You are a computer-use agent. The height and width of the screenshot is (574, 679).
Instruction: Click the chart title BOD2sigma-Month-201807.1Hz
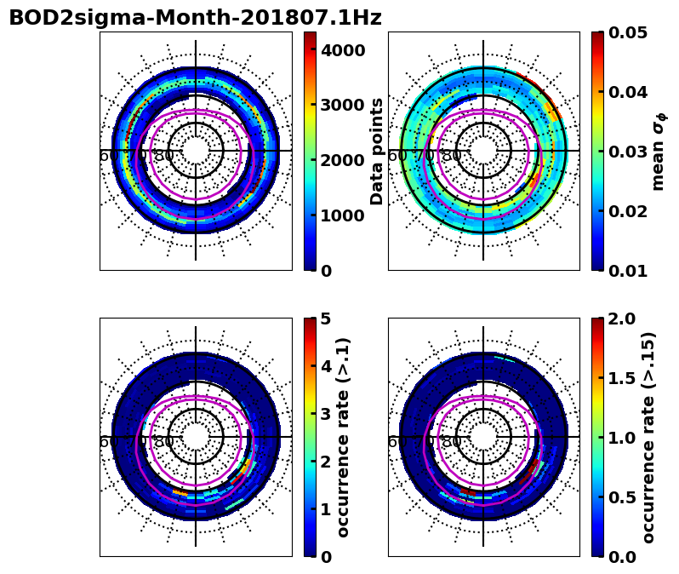coord(195,18)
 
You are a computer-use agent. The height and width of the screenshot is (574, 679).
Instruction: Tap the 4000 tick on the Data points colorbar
coord(343,50)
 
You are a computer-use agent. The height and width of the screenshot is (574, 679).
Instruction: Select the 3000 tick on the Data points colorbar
coord(343,105)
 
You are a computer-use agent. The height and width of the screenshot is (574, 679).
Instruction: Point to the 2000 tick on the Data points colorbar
coord(343,160)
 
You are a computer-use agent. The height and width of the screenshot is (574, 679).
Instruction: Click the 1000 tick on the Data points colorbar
coord(343,215)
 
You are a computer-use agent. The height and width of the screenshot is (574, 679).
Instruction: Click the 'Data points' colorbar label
coord(377,151)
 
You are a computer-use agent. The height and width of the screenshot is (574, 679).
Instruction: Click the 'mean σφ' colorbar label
coord(659,151)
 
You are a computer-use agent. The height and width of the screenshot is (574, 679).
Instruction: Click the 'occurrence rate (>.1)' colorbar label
coord(344,437)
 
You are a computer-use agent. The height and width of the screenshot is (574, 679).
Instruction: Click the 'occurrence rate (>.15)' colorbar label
coord(648,437)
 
